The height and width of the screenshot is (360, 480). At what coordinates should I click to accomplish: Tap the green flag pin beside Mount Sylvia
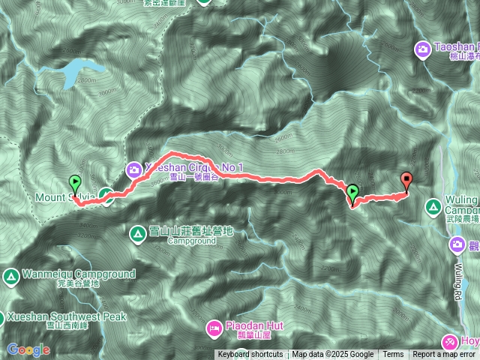(x=75, y=182)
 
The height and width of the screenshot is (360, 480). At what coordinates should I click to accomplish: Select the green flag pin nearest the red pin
(x=352, y=192)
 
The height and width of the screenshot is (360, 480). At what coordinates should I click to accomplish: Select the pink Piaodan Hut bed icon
(x=214, y=327)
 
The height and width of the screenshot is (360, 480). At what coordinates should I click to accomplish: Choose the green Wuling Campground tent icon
(x=433, y=205)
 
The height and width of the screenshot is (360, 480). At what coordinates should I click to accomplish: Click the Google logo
(x=28, y=349)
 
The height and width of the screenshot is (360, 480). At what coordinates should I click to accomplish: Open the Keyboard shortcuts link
(x=250, y=355)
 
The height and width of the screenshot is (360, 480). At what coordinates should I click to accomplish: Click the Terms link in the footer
(x=393, y=355)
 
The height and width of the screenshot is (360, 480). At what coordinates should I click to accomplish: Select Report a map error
(x=444, y=355)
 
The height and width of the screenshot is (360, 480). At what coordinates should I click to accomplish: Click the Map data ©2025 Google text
(x=333, y=355)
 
